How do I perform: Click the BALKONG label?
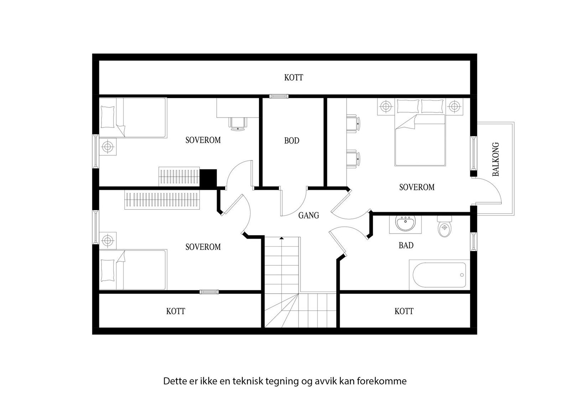pyautogui.click(x=496, y=159)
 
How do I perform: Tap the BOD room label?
pyautogui.click(x=291, y=141)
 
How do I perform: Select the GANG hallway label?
pyautogui.click(x=309, y=215)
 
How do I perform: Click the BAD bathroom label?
pyautogui.click(x=406, y=245)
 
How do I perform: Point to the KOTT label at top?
pyautogui.click(x=294, y=78)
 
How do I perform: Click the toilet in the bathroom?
pyautogui.click(x=444, y=227)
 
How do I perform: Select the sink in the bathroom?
pyautogui.click(x=405, y=224)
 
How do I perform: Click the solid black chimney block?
pyautogui.click(x=208, y=177)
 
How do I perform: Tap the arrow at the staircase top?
pyautogui.click(x=282, y=238)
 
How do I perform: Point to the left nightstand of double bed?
pyautogui.click(x=385, y=106)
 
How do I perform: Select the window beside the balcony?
pyautogui.click(x=473, y=153)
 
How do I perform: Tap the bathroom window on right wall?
pyautogui.click(x=473, y=241)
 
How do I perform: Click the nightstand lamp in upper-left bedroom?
pyautogui.click(x=108, y=146)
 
